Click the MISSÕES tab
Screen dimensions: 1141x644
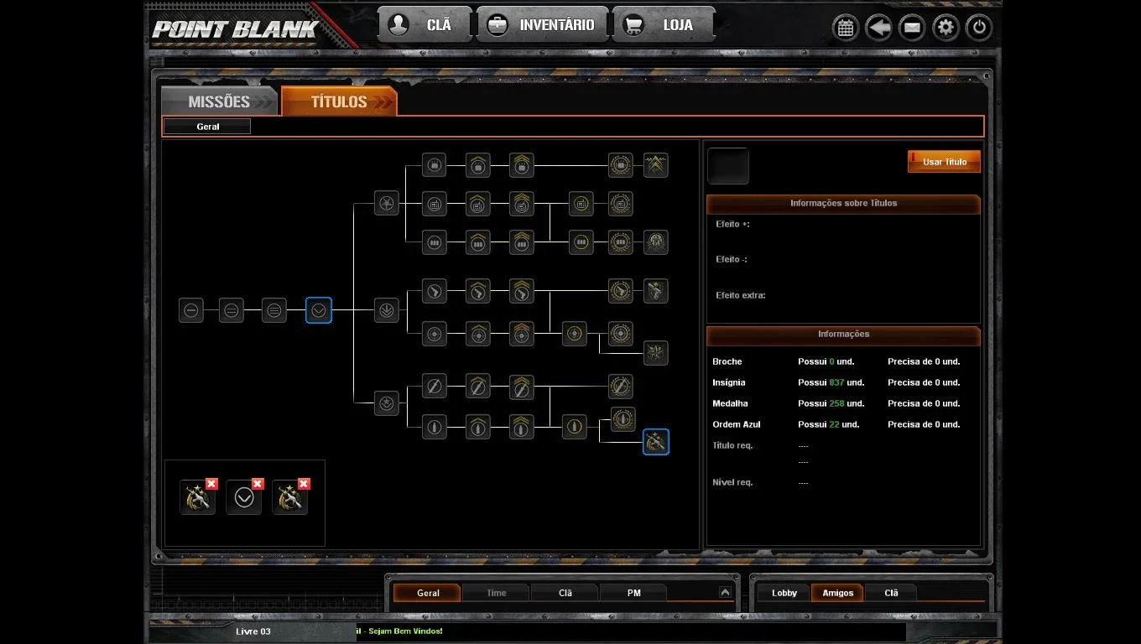point(220,101)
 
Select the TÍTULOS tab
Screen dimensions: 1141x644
point(339,101)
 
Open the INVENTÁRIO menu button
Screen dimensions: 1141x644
point(542,24)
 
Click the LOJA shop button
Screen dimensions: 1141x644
point(664,24)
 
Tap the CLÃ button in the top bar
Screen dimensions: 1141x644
point(425,24)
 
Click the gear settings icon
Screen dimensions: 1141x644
point(946,28)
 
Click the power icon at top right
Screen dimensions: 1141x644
point(978,28)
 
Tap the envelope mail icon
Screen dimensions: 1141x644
point(912,28)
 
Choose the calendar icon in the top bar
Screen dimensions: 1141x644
point(846,28)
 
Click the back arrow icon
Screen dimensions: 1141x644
point(878,28)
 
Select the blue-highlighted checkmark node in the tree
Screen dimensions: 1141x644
point(319,310)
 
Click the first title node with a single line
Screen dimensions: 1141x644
point(191,310)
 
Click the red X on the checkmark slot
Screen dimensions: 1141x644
point(258,484)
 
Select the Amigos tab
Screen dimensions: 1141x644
point(837,593)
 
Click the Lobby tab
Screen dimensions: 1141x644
point(784,593)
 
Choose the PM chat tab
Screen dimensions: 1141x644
point(633,593)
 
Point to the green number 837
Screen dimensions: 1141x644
point(836,382)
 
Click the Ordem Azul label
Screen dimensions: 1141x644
point(736,424)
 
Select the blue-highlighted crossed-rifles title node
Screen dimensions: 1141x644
point(655,442)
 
